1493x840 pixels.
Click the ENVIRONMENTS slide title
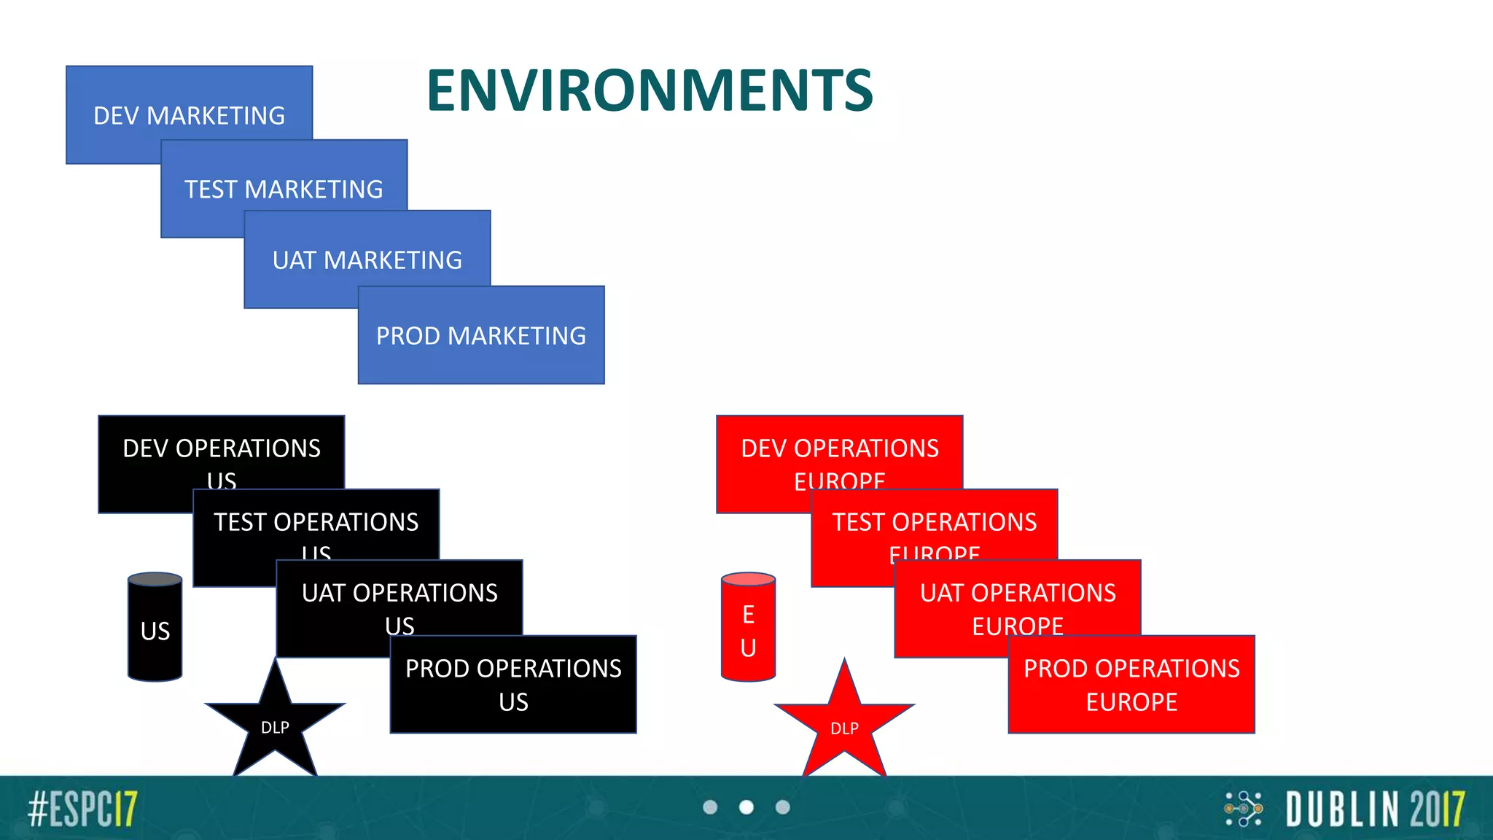coord(650,91)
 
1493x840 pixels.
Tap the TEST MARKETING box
coord(284,188)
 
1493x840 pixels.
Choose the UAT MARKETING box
coord(367,259)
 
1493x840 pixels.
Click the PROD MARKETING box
coord(481,335)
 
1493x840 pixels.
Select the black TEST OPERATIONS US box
coord(316,523)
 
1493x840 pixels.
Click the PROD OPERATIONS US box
coord(513,684)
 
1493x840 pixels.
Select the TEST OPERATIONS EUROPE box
coord(934,523)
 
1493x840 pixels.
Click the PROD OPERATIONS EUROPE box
coord(1131,684)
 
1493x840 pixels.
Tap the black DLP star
coord(275,726)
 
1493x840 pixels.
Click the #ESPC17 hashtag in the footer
coord(83,809)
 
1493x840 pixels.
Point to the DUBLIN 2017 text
coord(1374,809)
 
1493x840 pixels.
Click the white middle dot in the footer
coord(746,807)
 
